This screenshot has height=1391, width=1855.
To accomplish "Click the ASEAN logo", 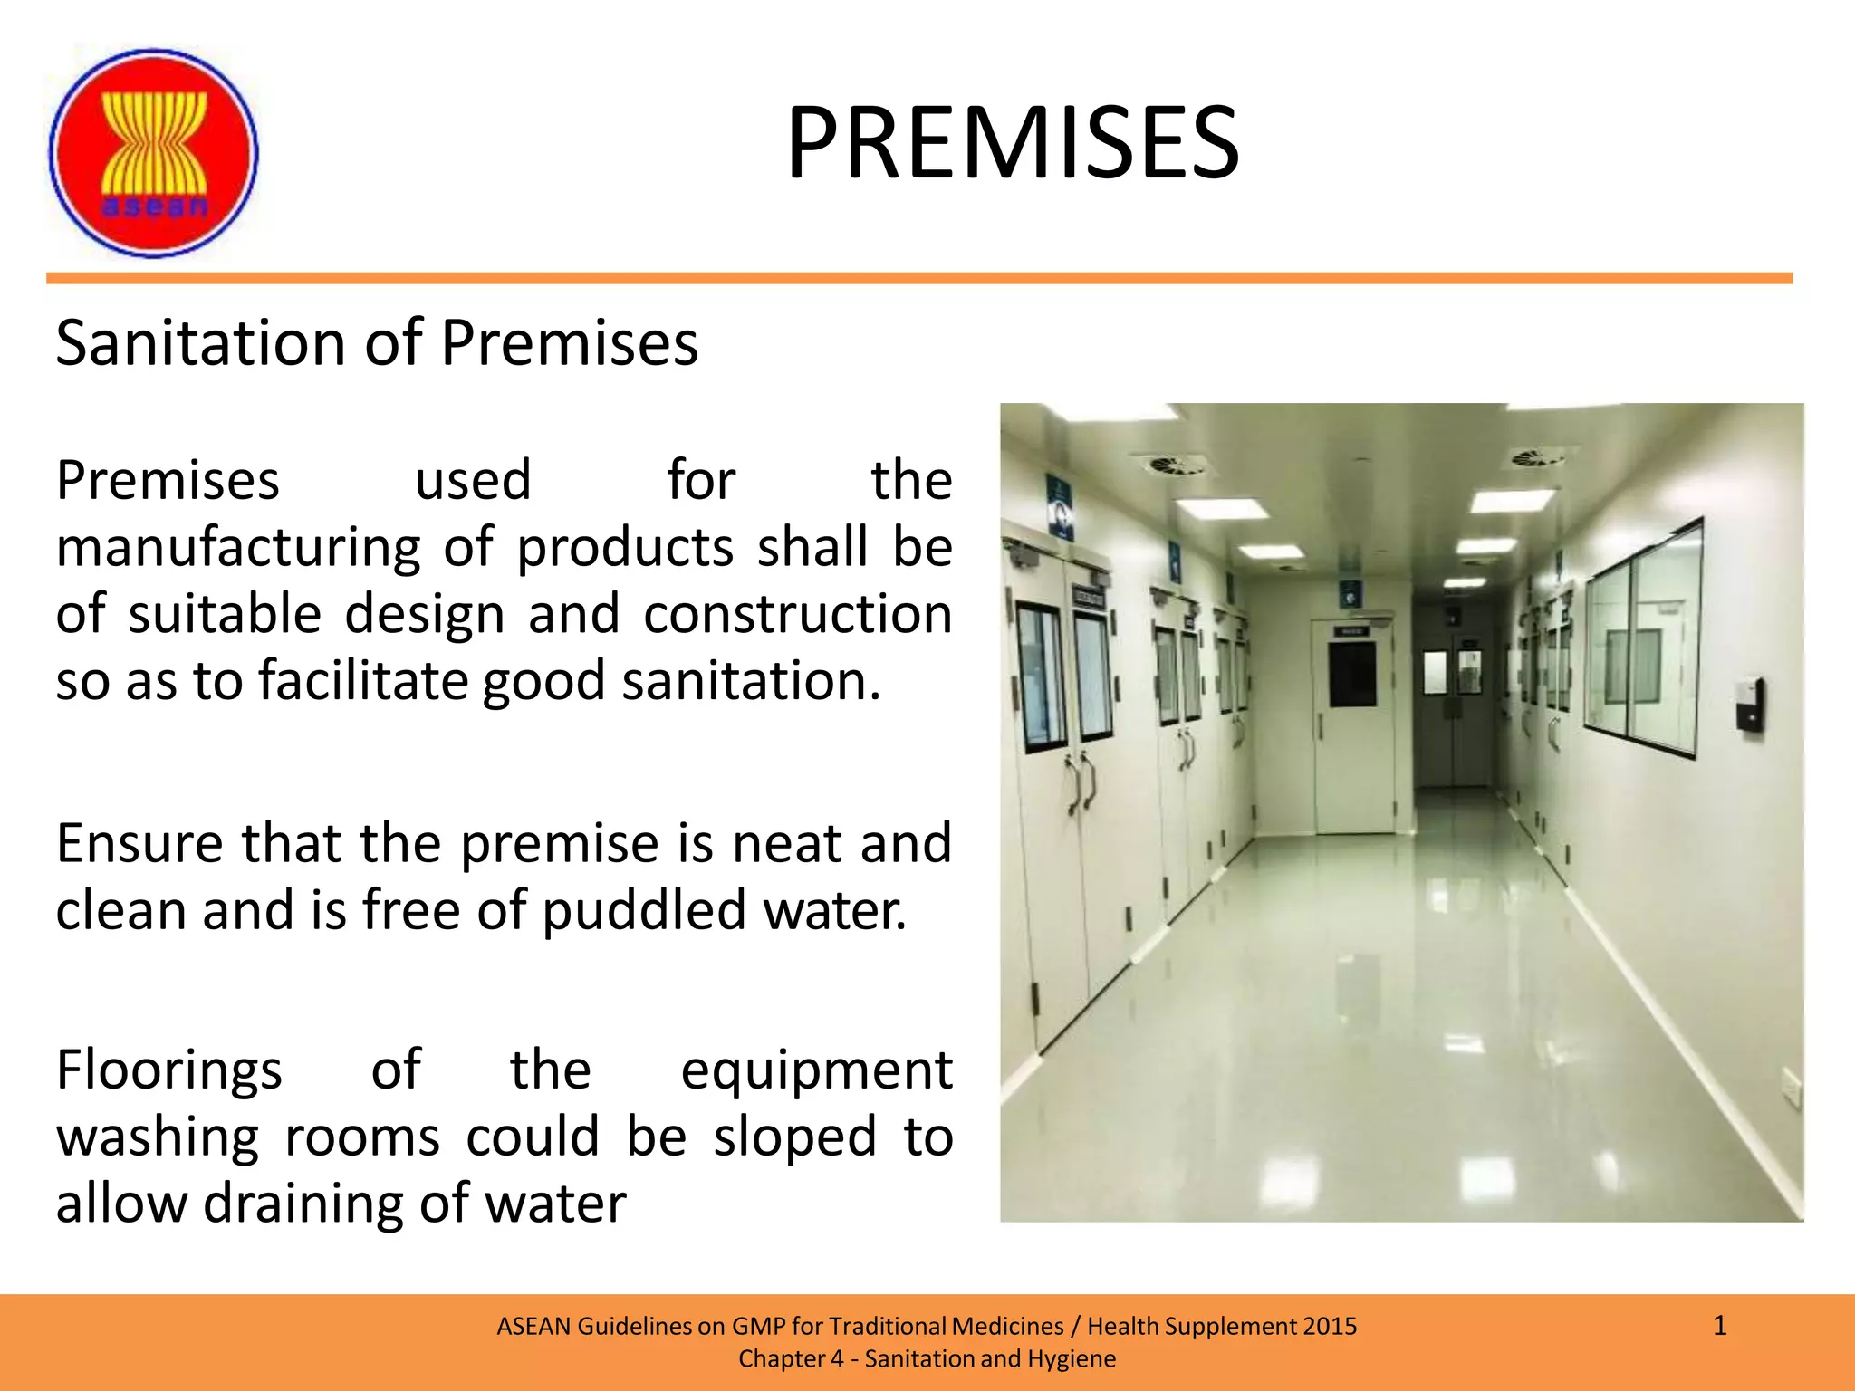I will coord(153,153).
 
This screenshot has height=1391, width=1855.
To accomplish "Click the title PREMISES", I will coord(1012,143).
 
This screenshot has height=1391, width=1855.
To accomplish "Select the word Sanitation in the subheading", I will coord(202,343).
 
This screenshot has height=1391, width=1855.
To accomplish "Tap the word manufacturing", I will coord(238,548).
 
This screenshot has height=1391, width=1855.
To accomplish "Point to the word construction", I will coord(797,614).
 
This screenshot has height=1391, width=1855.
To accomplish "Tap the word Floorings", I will coord(169,1070).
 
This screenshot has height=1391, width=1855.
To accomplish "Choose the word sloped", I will coord(794,1137).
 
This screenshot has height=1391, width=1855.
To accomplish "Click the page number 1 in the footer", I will coord(1719,1327).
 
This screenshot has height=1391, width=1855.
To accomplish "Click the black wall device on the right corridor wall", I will coord(1750,704).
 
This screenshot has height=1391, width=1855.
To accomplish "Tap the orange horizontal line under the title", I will coord(919,278).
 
